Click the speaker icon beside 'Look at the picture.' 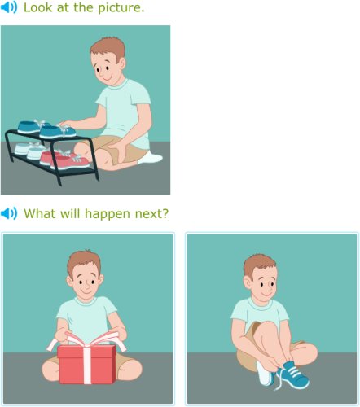[x=9, y=8]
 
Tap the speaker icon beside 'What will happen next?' [x=9, y=214]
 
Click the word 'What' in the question [x=39, y=214]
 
